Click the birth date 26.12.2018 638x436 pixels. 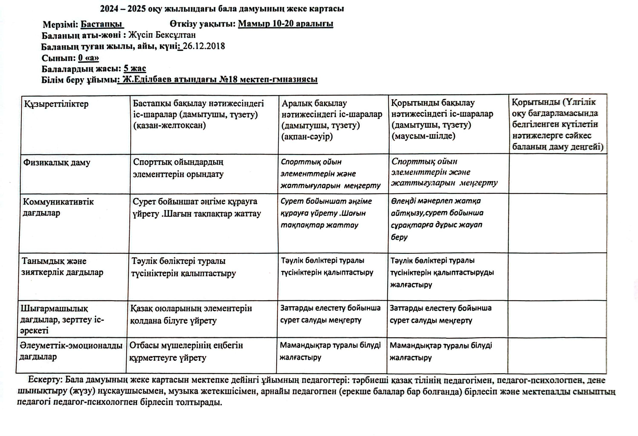click(x=204, y=46)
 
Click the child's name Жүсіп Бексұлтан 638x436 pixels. click(x=162, y=35)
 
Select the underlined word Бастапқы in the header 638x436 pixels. click(x=102, y=24)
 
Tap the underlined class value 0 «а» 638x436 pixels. click(x=88, y=58)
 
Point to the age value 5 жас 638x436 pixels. click(x=135, y=69)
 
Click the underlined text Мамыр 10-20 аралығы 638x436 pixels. click(x=285, y=24)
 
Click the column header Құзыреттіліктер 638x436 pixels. click(x=56, y=104)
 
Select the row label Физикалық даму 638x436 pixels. click(x=57, y=163)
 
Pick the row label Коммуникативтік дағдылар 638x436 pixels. click(x=58, y=207)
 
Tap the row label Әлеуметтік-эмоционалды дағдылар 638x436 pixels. click(x=71, y=351)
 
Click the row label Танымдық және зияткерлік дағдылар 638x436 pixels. click(x=62, y=267)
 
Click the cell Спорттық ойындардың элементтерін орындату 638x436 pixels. click(x=178, y=168)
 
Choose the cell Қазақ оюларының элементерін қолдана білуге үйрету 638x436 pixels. click(x=191, y=315)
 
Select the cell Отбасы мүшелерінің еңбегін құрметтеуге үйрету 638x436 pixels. click(x=186, y=351)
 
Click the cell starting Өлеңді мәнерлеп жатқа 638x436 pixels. click(x=437, y=219)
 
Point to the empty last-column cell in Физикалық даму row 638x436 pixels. click(x=557, y=174)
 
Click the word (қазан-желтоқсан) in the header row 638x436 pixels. click(x=169, y=126)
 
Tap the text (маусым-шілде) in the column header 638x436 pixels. click(x=423, y=136)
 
